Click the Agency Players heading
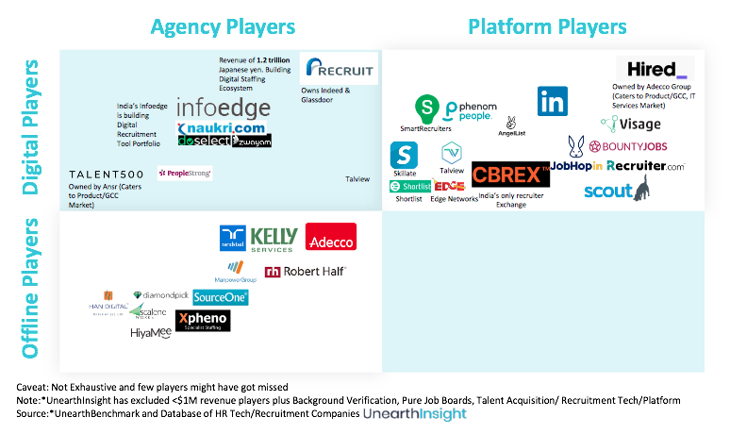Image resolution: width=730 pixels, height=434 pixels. point(223,25)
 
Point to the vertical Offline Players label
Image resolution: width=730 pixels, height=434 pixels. point(31,288)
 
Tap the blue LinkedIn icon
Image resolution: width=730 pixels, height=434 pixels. point(553,102)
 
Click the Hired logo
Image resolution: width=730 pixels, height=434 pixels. point(656,69)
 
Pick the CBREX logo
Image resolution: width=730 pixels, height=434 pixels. point(510,175)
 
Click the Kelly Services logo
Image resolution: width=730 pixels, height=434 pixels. point(274,240)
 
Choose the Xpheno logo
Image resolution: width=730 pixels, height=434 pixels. point(203,321)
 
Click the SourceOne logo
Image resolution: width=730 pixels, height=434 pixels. point(220,297)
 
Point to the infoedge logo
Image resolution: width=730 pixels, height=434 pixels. point(223,108)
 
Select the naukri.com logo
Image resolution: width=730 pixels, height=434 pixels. point(223,126)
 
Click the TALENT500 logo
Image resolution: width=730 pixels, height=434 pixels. point(108,174)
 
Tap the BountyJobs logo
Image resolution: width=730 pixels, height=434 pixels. point(627,146)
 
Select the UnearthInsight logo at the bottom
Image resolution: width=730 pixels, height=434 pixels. point(415,412)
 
